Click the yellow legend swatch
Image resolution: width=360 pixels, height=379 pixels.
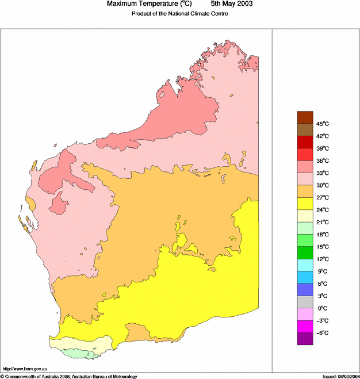(305, 204)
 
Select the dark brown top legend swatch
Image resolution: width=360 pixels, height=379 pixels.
(305, 117)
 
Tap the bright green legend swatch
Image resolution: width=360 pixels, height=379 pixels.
(305, 252)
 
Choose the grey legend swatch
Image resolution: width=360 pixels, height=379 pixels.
(305, 302)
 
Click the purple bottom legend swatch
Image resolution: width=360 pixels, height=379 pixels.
(305, 339)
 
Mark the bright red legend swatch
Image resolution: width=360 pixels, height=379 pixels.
(305, 154)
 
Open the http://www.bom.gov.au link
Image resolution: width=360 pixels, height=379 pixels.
(25, 368)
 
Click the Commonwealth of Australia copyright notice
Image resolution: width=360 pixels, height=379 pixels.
(69, 376)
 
